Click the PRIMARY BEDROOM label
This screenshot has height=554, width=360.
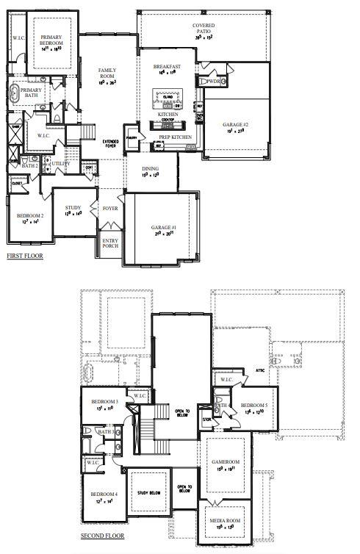click(x=51, y=40)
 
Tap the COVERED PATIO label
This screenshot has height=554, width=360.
click(x=204, y=29)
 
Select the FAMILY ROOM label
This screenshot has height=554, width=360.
click(x=108, y=73)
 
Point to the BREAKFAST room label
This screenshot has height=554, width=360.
click(x=167, y=67)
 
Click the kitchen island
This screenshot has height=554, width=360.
click(x=166, y=96)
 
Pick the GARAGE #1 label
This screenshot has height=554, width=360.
click(x=162, y=229)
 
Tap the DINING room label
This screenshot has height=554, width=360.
click(x=150, y=168)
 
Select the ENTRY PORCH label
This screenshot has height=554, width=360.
click(x=110, y=243)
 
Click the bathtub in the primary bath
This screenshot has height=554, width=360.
click(x=16, y=93)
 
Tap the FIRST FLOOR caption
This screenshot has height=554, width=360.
click(x=25, y=256)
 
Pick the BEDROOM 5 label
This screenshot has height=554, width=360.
click(x=254, y=406)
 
